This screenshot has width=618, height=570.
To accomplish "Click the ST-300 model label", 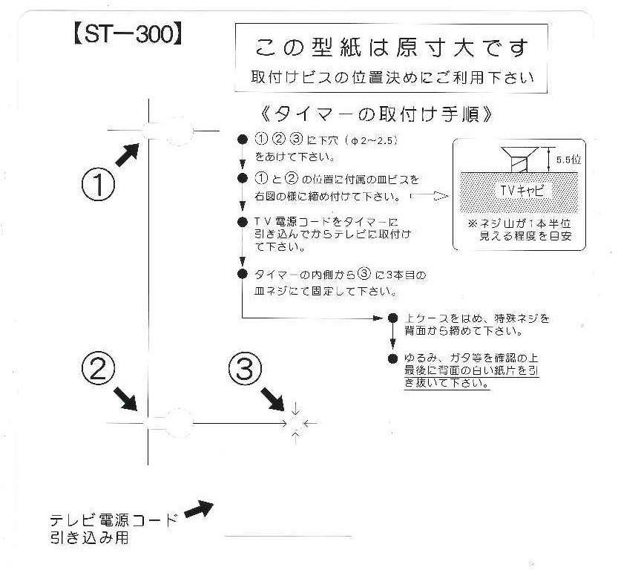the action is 128,34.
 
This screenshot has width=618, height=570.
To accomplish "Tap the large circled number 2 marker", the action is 98,370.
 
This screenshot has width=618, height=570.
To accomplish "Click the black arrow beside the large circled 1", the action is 128,154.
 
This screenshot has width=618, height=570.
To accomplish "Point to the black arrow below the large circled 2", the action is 125,399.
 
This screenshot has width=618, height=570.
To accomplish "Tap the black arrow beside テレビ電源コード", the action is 199,509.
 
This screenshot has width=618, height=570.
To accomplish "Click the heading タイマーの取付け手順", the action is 376,115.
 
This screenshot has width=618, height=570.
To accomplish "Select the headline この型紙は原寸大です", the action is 392,47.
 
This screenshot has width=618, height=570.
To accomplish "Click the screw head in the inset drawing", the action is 520,151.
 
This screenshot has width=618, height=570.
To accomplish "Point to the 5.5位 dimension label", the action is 569,160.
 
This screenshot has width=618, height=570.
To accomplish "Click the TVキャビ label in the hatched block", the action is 522,191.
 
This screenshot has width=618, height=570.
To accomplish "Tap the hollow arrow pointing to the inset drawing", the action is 430,195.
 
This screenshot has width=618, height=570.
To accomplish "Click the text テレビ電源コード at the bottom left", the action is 114,520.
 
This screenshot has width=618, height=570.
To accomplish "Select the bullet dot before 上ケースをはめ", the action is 392,318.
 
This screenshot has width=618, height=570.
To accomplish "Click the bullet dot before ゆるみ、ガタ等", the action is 392,358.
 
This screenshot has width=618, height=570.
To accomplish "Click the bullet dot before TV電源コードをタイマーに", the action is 243,222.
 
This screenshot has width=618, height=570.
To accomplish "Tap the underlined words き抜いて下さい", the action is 447,383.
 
